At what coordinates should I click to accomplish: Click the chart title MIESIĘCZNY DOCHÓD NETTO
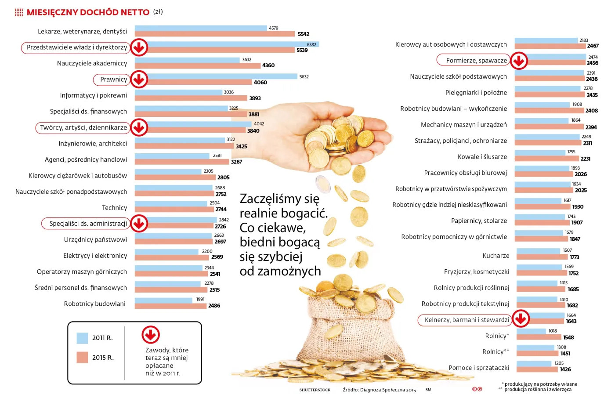pyautogui.click(x=88, y=12)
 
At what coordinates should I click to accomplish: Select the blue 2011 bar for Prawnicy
pyautogui.click(x=220, y=76)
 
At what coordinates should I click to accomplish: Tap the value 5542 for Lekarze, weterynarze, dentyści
pyautogui.click(x=304, y=34)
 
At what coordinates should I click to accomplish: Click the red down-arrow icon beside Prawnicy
pyautogui.click(x=139, y=80)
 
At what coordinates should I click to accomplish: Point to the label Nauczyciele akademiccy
pyautogui.click(x=92, y=63)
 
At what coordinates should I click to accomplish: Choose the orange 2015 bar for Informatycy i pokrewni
pyautogui.click(x=191, y=98)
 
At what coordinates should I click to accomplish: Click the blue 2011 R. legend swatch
pyautogui.click(x=82, y=338)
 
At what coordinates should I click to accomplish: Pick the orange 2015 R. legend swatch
pyautogui.click(x=82, y=358)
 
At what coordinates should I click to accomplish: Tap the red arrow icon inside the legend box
pyautogui.click(x=151, y=335)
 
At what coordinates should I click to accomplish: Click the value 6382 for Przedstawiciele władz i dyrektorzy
pyautogui.click(x=311, y=44)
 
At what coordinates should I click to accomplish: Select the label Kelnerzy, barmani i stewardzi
pyautogui.click(x=467, y=320)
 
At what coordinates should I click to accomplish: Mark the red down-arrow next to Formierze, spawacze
pyautogui.click(x=519, y=61)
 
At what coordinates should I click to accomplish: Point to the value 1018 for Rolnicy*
pyautogui.click(x=553, y=331)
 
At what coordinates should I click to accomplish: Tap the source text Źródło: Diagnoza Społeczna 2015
pyautogui.click(x=379, y=390)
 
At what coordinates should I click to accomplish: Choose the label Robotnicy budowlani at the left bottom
pyautogui.click(x=94, y=304)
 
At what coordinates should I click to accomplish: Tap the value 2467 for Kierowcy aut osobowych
pyautogui.click(x=593, y=46)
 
